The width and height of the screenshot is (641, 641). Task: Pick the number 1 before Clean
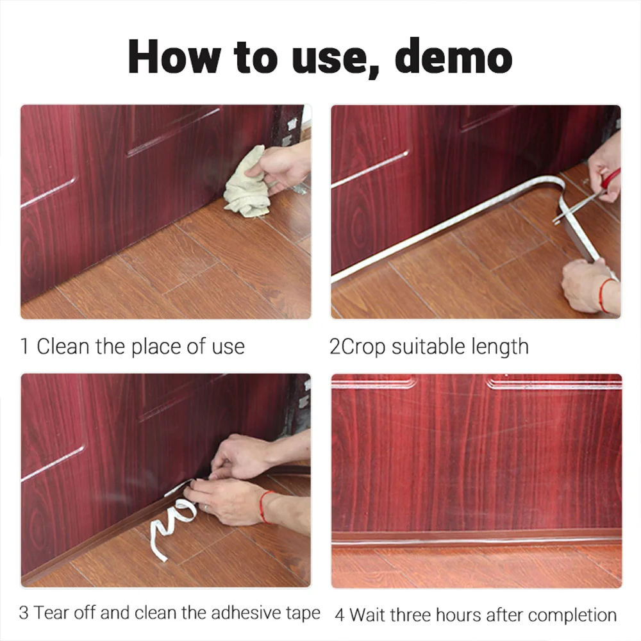25,347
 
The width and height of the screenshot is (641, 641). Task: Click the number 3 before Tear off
24,613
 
